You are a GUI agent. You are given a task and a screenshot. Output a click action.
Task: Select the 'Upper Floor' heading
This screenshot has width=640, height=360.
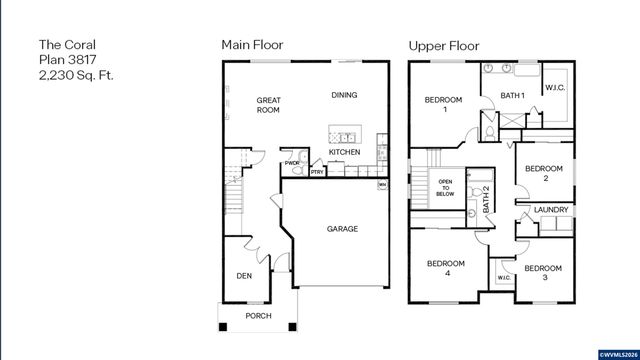point(444,45)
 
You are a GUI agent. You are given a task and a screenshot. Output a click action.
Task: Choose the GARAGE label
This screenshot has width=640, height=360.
point(342,229)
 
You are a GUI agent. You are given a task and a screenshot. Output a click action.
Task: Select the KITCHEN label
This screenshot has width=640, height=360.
point(344,153)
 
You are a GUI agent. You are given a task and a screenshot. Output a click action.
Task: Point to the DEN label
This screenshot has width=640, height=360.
point(243,276)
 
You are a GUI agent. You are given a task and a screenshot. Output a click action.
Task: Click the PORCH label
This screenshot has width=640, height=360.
point(259,317)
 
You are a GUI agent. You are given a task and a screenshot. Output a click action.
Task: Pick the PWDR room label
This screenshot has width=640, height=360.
point(292,163)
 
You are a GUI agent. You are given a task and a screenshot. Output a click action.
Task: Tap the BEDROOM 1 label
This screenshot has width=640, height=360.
point(443,105)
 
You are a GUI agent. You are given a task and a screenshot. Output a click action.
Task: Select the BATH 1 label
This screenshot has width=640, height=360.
point(513,96)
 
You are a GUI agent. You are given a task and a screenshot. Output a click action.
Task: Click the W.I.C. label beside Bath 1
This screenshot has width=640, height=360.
point(556,88)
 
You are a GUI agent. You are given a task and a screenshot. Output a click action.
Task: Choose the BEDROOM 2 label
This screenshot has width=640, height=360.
point(544,173)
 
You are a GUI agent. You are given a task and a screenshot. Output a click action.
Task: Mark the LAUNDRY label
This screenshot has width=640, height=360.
point(551,210)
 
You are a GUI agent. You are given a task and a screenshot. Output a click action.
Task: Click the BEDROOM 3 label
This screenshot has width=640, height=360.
point(543,272)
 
